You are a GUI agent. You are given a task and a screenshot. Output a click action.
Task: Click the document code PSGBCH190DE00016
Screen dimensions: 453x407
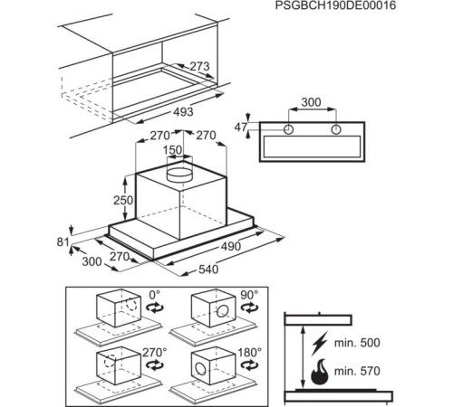pyautogui.click(x=335, y=5)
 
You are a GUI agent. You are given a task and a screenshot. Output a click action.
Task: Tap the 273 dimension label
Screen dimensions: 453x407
pyautogui.click(x=199, y=66)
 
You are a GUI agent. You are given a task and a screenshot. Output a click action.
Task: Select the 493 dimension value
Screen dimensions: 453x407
pyautogui.click(x=183, y=112)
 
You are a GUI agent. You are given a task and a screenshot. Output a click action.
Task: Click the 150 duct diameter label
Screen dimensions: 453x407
pyautogui.click(x=172, y=150)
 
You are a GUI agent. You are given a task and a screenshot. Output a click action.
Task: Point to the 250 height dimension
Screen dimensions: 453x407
pyautogui.click(x=123, y=200)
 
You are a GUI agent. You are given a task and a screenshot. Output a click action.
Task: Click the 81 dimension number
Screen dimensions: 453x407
pyautogui.click(x=63, y=241)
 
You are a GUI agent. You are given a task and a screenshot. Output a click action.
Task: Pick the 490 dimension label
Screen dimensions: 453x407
pyautogui.click(x=231, y=246)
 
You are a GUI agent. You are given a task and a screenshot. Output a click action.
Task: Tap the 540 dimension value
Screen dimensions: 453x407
pyautogui.click(x=208, y=270)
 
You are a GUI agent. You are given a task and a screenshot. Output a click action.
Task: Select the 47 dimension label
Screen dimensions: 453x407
pyautogui.click(x=241, y=128)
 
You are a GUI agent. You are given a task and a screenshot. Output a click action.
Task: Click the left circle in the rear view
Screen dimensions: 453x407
pyautogui.click(x=289, y=129)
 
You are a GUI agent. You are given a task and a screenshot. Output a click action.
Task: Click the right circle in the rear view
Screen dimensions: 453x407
pyautogui.click(x=336, y=129)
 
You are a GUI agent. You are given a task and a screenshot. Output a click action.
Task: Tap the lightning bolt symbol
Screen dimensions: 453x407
pyautogui.click(x=320, y=343)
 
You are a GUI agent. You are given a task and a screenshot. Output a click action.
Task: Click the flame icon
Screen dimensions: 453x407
pyautogui.click(x=320, y=372)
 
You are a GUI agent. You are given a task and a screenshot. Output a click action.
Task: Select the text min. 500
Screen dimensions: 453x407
pyautogui.click(x=357, y=343)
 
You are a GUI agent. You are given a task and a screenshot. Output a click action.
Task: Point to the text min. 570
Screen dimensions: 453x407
pyautogui.click(x=357, y=371)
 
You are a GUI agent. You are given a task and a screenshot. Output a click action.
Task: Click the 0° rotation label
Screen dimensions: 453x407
pyautogui.click(x=154, y=295)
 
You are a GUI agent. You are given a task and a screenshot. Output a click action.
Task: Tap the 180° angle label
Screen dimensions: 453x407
pyautogui.click(x=249, y=353)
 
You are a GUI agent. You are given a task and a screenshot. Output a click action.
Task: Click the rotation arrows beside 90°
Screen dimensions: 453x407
pyautogui.click(x=249, y=308)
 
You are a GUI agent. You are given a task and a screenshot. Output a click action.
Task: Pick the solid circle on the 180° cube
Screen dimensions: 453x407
pyautogui.click(x=200, y=369)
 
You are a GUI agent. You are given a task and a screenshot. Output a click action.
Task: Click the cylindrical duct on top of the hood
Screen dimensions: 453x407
pyautogui.click(x=179, y=175)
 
